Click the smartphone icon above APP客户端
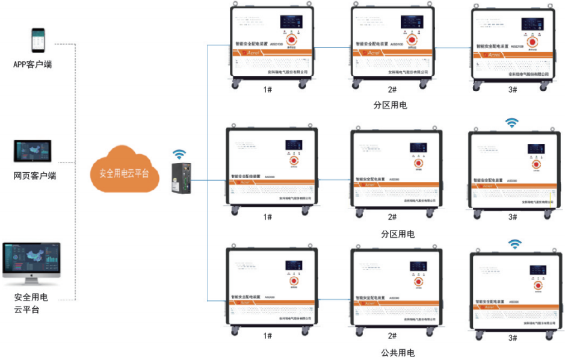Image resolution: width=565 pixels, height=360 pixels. [38, 40]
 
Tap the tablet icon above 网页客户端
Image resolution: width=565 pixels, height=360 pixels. [33, 152]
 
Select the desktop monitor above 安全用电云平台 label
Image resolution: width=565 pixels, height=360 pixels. [32, 264]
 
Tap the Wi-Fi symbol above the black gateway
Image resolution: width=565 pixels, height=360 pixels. [180, 154]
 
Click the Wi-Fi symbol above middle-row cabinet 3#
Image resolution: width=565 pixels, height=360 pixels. [511, 123]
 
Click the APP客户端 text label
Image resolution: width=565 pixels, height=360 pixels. [32, 64]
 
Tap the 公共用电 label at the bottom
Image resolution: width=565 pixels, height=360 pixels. [398, 352]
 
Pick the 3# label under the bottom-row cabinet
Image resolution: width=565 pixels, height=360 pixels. [513, 338]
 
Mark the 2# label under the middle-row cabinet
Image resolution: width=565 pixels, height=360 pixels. [392, 217]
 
